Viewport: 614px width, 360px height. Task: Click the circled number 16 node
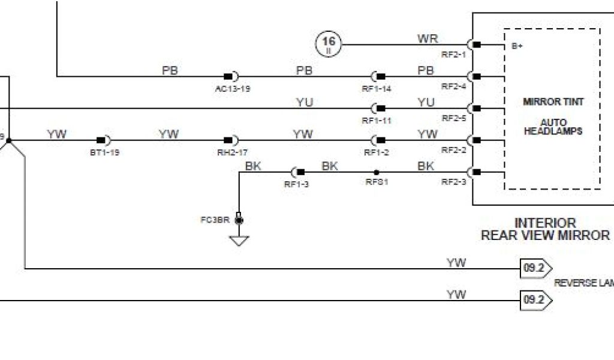point(329,44)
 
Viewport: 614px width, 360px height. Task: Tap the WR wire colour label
point(428,39)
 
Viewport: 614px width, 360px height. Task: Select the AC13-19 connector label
point(233,88)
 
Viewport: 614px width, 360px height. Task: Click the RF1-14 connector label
point(377,88)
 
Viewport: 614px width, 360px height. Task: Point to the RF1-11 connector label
point(377,120)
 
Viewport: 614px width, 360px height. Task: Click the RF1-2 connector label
point(377,152)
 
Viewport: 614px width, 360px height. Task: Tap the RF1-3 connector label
point(296,184)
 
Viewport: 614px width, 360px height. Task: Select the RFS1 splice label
point(377,182)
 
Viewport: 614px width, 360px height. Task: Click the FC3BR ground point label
point(215,220)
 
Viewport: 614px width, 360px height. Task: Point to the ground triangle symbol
point(239,241)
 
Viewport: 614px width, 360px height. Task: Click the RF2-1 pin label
point(454,54)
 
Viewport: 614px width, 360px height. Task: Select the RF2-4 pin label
point(454,86)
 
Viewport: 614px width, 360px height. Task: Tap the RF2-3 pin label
point(454,182)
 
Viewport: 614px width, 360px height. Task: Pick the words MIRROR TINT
point(553,102)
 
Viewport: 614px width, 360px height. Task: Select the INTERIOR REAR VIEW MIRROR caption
point(545,229)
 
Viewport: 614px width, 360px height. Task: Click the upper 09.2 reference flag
point(534,268)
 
